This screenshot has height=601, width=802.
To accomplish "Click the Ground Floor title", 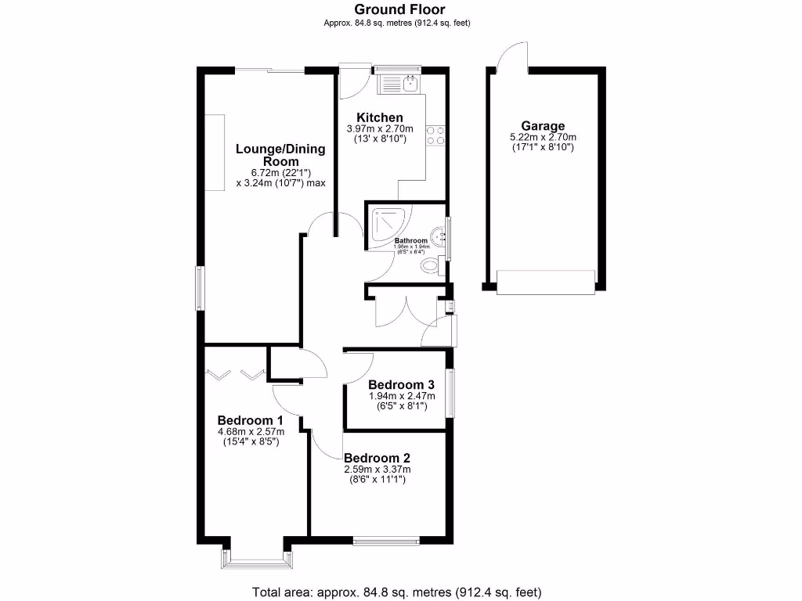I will pyautogui.click(x=399, y=9).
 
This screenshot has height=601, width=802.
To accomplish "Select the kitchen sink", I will pyautogui.click(x=410, y=80).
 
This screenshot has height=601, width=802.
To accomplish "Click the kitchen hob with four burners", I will pyautogui.click(x=435, y=135).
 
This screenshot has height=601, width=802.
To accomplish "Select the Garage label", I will pyautogui.click(x=543, y=126).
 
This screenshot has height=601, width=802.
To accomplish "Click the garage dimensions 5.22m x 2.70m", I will pyautogui.click(x=543, y=137).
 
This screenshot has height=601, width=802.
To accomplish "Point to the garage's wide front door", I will pyautogui.click(x=546, y=282).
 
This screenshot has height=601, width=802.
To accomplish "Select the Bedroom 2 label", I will pyautogui.click(x=378, y=458).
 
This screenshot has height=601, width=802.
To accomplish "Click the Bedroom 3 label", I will pyautogui.click(x=402, y=384).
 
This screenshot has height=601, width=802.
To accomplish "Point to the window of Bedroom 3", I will pyautogui.click(x=450, y=393).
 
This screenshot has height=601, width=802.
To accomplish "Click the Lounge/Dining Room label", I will pyautogui.click(x=280, y=154).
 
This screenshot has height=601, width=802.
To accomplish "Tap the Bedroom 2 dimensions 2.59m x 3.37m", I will pyautogui.click(x=378, y=470).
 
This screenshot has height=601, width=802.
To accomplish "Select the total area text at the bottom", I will pyautogui.click(x=396, y=592).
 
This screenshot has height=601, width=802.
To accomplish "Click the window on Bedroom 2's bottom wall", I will pyautogui.click(x=385, y=539).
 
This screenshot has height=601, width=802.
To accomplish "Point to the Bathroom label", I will pyautogui.click(x=411, y=240).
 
